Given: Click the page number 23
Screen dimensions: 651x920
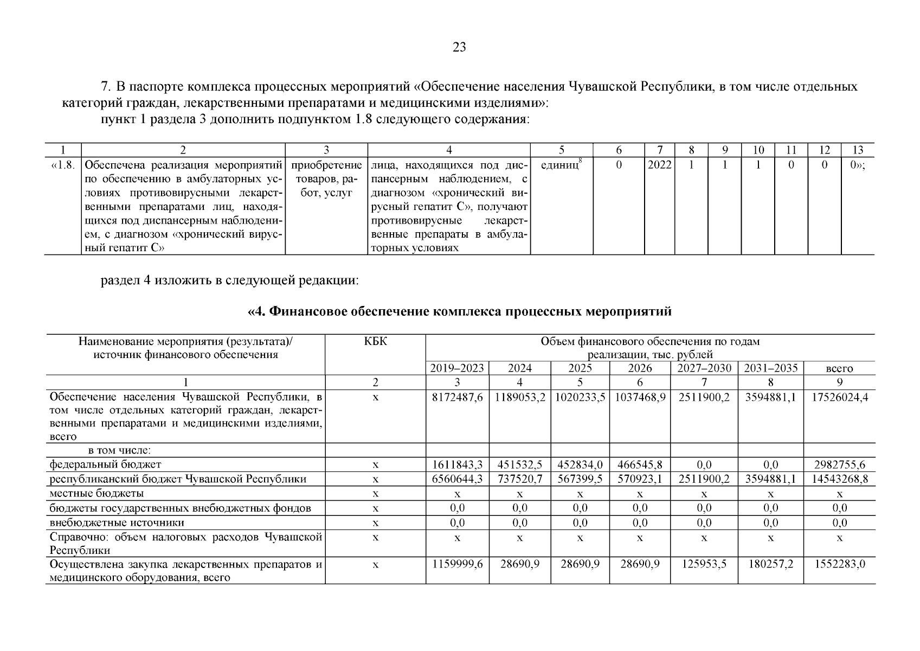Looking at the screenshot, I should point(459,48).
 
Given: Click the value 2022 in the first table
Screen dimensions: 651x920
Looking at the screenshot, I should point(659,165).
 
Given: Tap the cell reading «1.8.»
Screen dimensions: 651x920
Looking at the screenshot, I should point(62,165).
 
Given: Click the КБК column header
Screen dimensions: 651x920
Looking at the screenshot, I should point(375,342).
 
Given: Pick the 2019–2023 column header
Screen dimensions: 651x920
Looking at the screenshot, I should point(457,368).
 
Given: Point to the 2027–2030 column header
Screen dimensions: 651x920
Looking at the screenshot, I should point(704,368).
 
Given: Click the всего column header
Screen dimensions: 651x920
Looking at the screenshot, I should point(839,369).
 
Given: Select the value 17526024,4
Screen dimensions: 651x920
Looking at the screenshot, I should point(839,398).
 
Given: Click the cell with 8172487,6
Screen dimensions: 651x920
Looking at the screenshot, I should point(457,398).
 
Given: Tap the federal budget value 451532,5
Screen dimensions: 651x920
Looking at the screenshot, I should point(519,465).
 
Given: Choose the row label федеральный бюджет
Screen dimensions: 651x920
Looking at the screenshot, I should point(105,465).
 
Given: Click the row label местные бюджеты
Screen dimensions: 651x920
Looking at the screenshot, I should point(96,494).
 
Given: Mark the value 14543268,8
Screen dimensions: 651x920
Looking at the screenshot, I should point(839,480).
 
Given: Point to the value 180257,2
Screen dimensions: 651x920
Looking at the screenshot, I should point(770,565).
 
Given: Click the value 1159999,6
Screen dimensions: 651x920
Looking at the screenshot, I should point(457,565).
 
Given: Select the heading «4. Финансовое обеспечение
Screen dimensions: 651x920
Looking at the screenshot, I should point(459,312).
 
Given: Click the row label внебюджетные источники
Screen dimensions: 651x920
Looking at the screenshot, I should point(117,523).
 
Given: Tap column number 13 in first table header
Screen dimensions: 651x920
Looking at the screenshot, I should point(857,150).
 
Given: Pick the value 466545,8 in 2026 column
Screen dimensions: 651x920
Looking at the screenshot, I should point(640,465).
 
